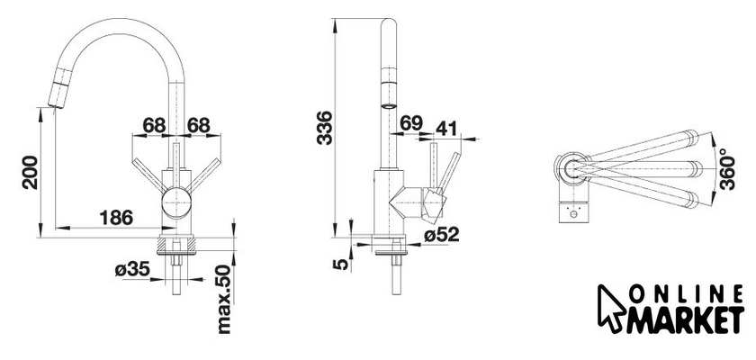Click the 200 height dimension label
tap(31, 172)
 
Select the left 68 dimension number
tap(154, 125)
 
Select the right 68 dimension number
tap(199, 125)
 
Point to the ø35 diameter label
tap(131, 269)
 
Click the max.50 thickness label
tap(224, 300)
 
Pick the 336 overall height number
tap(325, 128)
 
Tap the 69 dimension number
tap(411, 123)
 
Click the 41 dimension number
tap(447, 128)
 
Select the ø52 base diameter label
tap(442, 235)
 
